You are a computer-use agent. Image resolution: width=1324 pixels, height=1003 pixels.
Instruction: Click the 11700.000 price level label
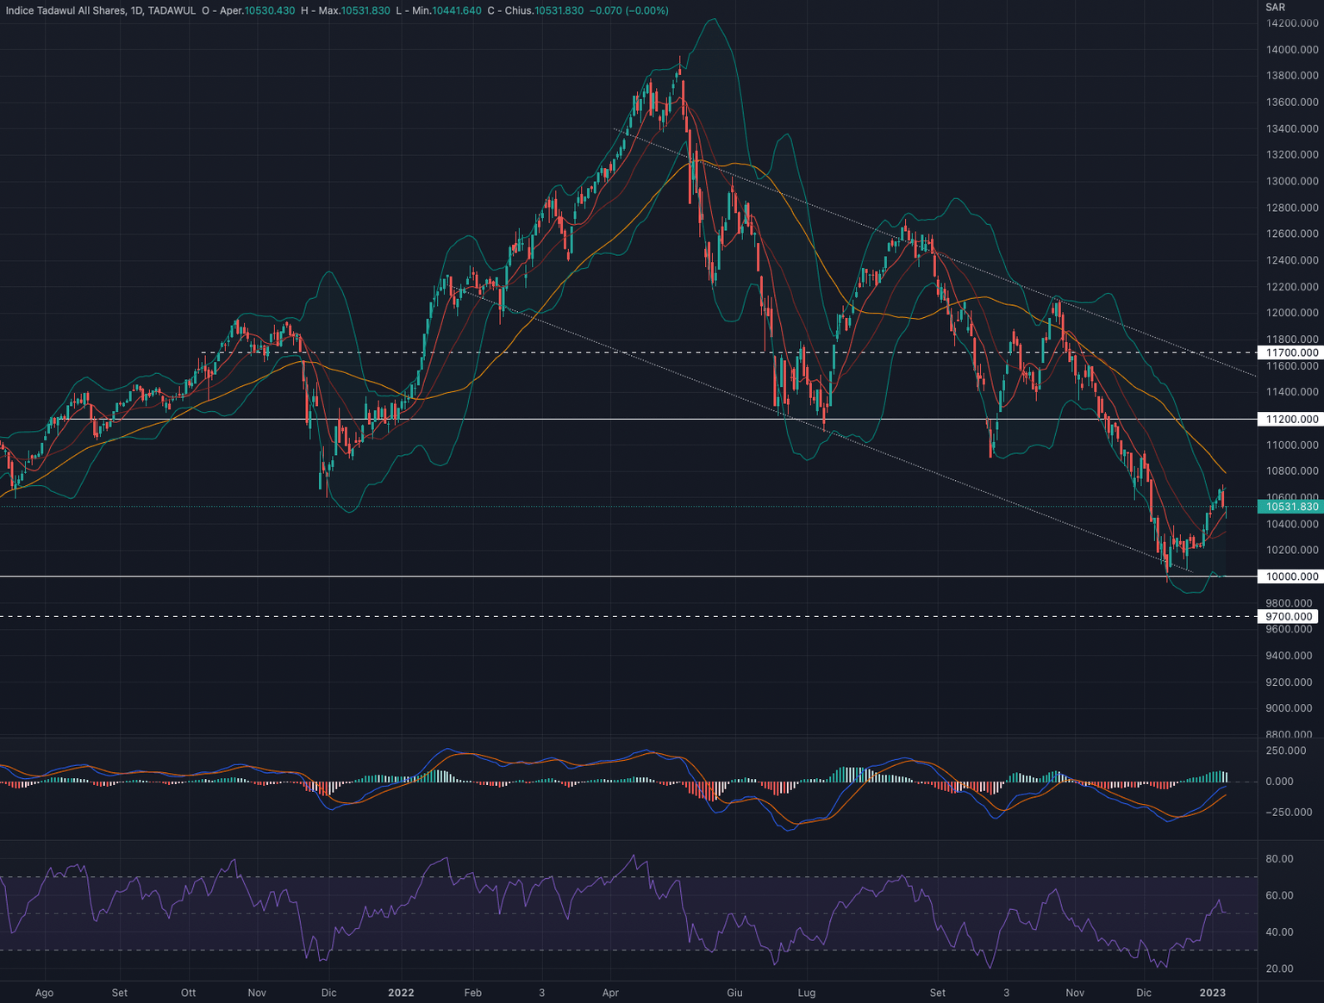[1291, 352]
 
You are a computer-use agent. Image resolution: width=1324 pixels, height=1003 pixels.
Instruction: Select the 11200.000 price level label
[1291, 420]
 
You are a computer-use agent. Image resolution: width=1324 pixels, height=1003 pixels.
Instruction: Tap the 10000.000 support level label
[1291, 576]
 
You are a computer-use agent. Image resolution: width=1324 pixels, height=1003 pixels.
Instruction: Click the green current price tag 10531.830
[1291, 507]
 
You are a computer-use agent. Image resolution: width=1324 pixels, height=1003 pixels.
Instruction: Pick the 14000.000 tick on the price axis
[1291, 50]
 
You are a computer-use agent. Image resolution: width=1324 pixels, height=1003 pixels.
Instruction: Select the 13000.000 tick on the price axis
[1291, 182]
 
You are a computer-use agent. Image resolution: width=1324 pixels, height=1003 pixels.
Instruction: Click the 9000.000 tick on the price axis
[1291, 708]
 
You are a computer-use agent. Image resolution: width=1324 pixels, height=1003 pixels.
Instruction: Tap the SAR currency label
[1276, 8]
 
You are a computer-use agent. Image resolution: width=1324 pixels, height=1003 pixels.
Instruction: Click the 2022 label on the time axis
[401, 993]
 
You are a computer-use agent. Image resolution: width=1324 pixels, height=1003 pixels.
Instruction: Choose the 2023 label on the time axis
[1212, 993]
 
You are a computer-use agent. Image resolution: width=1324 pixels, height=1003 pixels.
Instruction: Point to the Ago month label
[44, 993]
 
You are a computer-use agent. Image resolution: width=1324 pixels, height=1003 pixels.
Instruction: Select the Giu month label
[734, 993]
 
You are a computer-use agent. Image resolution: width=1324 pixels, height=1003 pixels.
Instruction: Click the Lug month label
[806, 993]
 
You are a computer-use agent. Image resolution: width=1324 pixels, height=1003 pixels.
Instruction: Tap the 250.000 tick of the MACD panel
[1285, 751]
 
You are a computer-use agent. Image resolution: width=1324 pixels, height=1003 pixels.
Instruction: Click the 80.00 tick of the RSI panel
[1279, 859]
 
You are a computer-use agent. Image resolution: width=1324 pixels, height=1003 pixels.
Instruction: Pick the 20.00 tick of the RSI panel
[1279, 969]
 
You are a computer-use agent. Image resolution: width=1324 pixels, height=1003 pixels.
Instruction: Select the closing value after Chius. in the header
[559, 10]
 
